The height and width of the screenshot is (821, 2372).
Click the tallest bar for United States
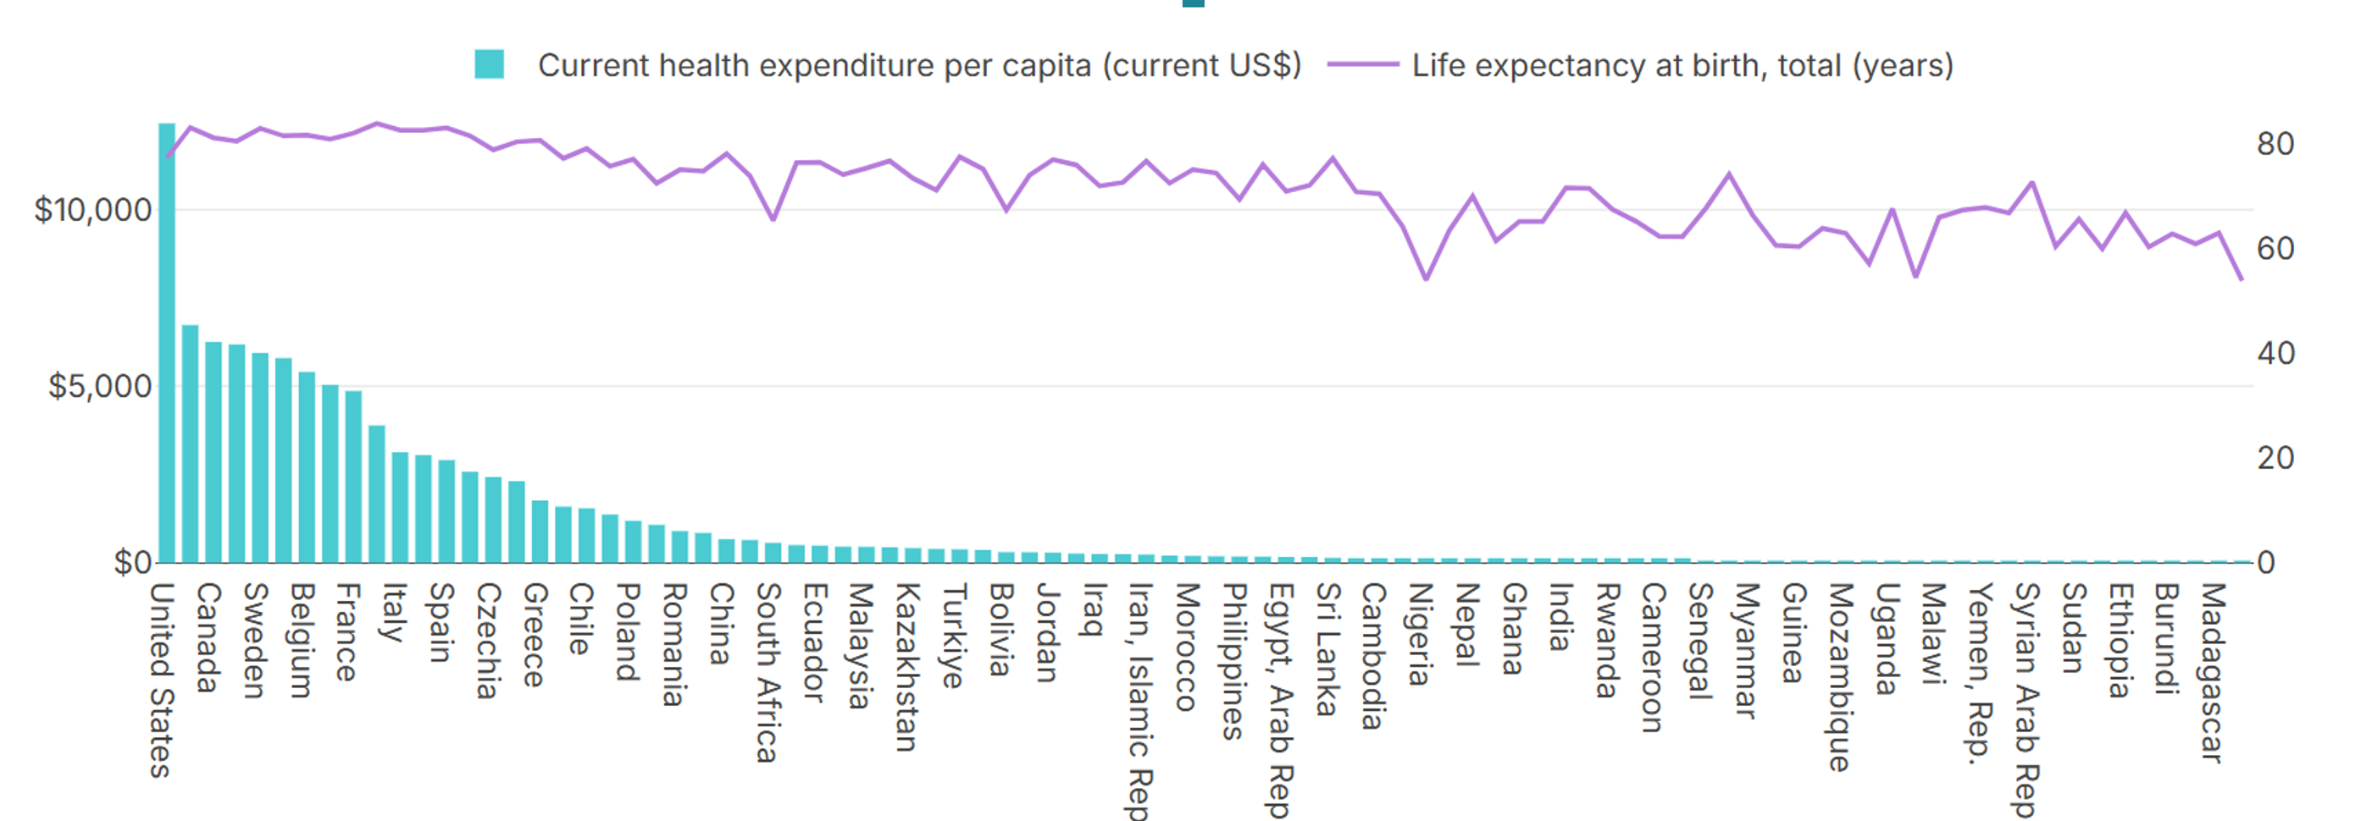pyautogui.click(x=167, y=340)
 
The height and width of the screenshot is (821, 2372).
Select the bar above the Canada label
pyautogui.click(x=213, y=451)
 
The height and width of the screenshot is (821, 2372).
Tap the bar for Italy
pyautogui.click(x=400, y=506)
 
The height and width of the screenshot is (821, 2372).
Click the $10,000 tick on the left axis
pyautogui.click(x=92, y=210)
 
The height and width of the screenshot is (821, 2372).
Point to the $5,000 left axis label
pyautogui.click(x=99, y=386)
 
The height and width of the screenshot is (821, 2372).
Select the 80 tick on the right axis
pyautogui.click(x=2275, y=144)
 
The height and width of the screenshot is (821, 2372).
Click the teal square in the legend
pyautogui.click(x=489, y=64)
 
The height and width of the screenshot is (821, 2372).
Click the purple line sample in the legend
pyautogui.click(x=1363, y=64)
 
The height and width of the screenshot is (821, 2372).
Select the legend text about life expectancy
pyautogui.click(x=1682, y=65)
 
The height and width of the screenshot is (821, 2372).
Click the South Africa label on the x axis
pyautogui.click(x=767, y=672)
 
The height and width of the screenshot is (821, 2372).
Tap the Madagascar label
pyautogui.click(x=2212, y=672)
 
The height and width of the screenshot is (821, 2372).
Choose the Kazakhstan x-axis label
pyautogui.click(x=907, y=666)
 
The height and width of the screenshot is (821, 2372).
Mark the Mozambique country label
pyautogui.click(x=1839, y=676)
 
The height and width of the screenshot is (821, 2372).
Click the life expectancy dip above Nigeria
pyautogui.click(x=1427, y=278)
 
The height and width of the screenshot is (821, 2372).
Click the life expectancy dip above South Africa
pyautogui.click(x=773, y=218)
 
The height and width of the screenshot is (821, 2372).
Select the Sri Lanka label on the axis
pyautogui.click(x=1326, y=649)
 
